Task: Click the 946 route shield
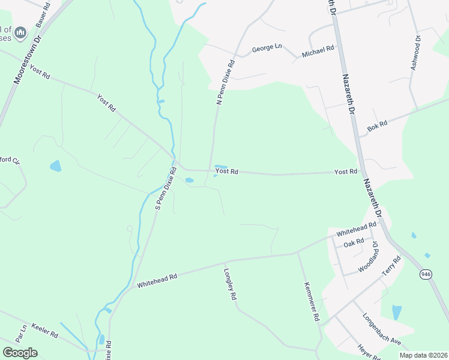coord(426,274)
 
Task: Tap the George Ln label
coord(267,47)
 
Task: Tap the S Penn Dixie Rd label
coord(166,188)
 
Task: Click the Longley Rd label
coord(229,283)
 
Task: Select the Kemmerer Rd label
coord(312,301)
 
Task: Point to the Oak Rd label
coord(354,242)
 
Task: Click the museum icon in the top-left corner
coord(20,32)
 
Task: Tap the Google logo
coord(20,353)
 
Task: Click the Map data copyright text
coord(423,355)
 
